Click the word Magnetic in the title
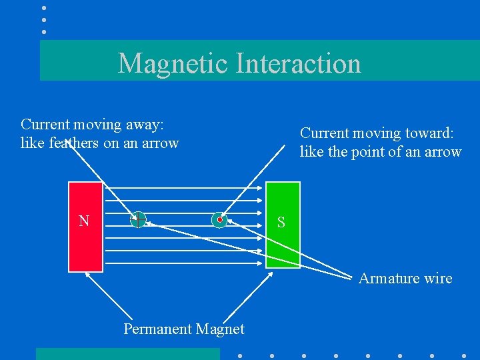coord(173,64)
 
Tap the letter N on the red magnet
coord(84,221)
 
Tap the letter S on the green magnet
coord(281,223)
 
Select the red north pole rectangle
coord(86,247)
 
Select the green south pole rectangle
coord(283,247)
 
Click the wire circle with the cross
coord(138,219)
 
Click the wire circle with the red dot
coord(219,219)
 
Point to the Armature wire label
coord(405,279)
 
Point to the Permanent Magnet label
coord(184,329)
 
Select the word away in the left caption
coord(145,125)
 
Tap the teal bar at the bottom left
coord(127,354)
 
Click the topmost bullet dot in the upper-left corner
coord(44,8)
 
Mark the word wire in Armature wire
coord(438,279)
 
